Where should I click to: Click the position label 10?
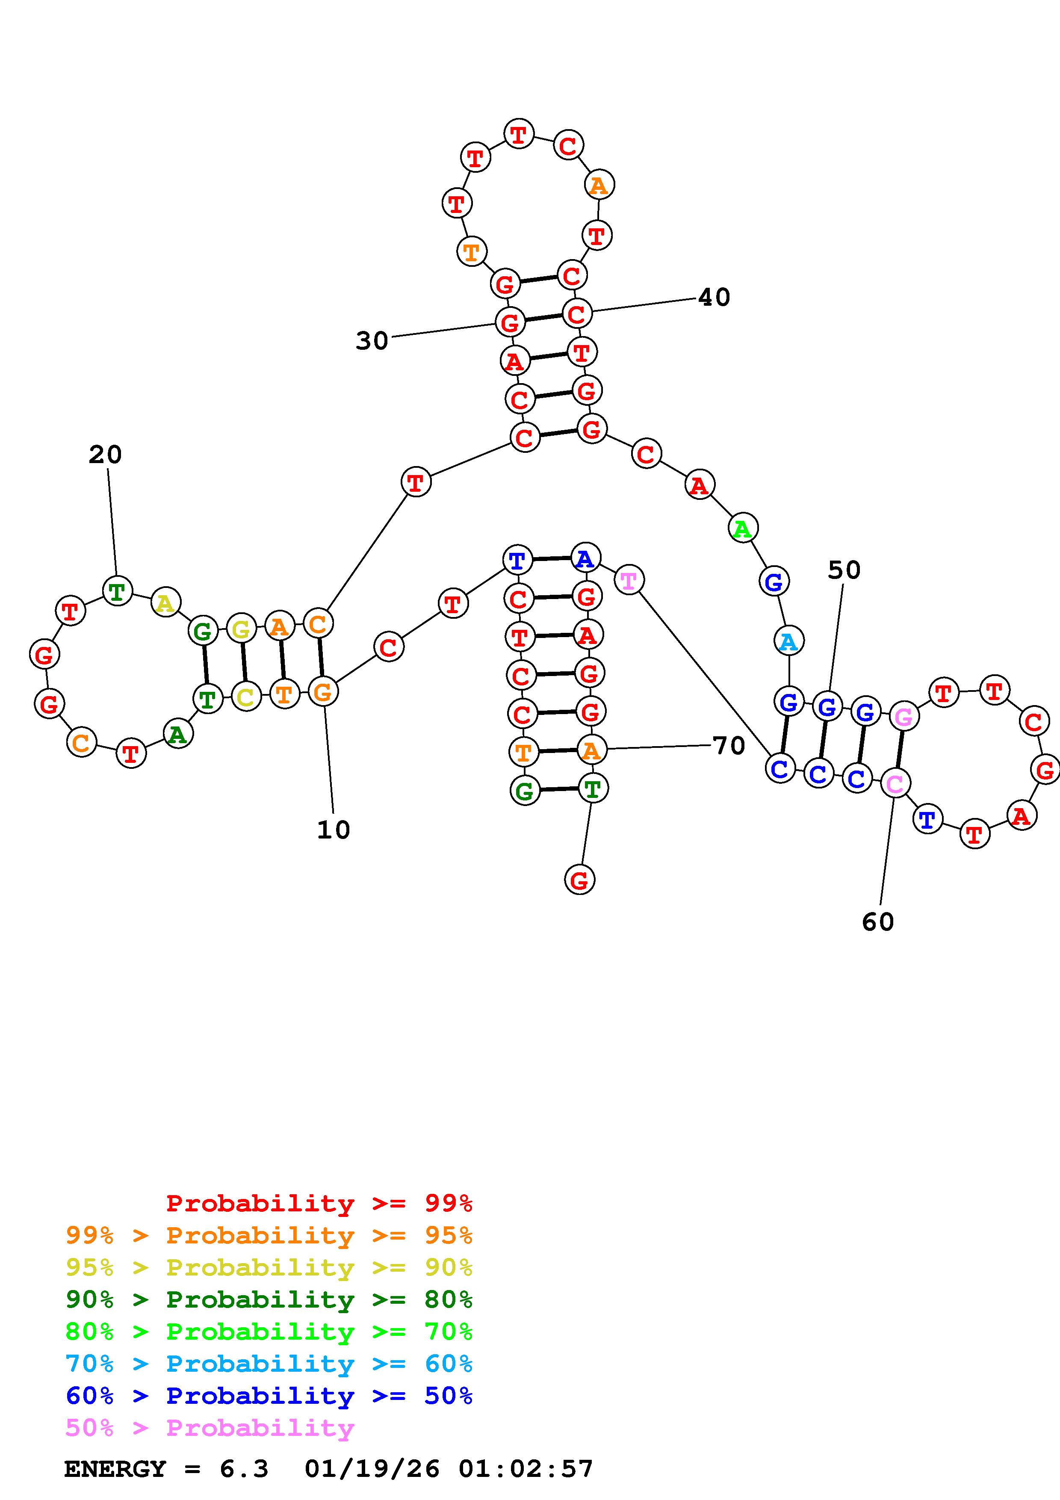pyautogui.click(x=334, y=830)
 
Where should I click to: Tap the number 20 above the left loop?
pyautogui.click(x=105, y=455)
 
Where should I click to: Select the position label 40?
pyautogui.click(x=714, y=297)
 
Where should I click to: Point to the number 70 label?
pyautogui.click(x=729, y=745)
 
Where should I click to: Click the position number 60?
pyautogui.click(x=878, y=922)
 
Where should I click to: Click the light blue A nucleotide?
pyautogui.click(x=789, y=641)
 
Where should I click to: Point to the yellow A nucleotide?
pyautogui.click(x=166, y=602)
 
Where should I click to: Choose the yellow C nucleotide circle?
pyautogui.click(x=245, y=697)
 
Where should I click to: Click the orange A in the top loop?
pyautogui.click(x=598, y=186)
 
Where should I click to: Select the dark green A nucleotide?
pyautogui.click(x=177, y=734)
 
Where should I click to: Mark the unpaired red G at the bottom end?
pyautogui.click(x=579, y=880)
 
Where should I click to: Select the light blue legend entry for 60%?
pyautogui.click(x=269, y=1364)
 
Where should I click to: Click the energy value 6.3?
pyautogui.click(x=244, y=1469)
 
